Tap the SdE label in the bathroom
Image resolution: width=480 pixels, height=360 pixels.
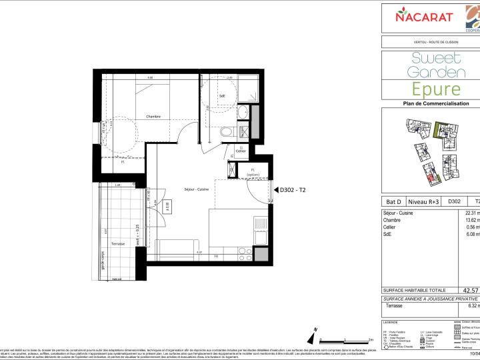[212, 105]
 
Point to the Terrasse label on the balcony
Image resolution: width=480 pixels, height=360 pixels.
[118, 245]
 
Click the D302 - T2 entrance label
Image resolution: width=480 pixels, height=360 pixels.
[293, 190]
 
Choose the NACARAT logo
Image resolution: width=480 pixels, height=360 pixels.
[425, 17]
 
